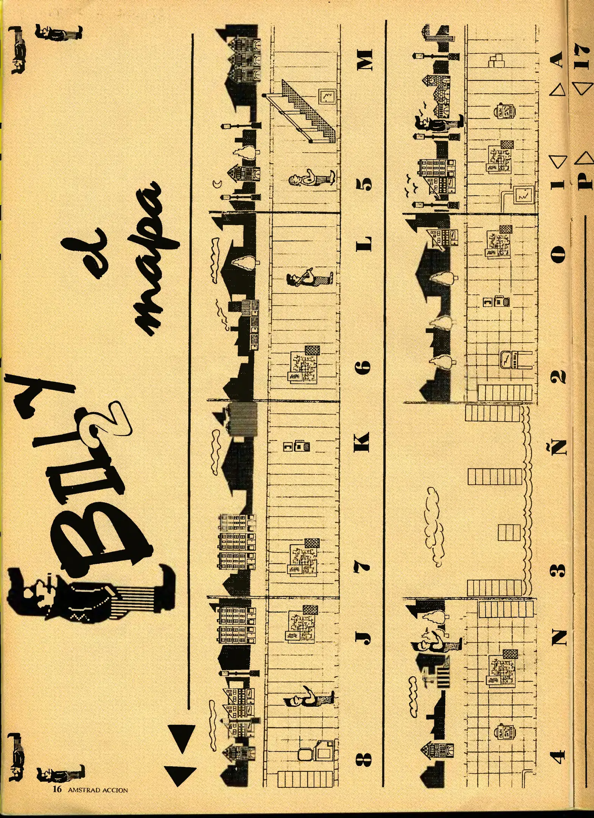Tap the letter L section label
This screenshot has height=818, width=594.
[365, 245]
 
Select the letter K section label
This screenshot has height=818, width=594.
[363, 442]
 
